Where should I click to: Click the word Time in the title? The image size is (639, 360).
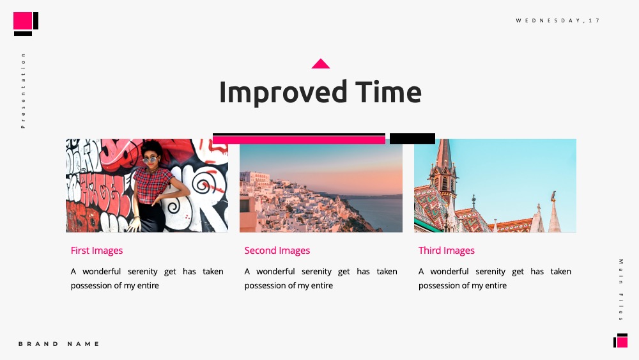pos(389,91)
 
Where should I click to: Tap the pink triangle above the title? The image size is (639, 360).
pos(321,63)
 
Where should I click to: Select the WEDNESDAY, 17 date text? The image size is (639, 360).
pos(557,20)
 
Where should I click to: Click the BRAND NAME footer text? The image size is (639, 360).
pos(59,343)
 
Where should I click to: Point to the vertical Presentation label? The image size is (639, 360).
pos(23,91)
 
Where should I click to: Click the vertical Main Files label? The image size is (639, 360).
pos(620,290)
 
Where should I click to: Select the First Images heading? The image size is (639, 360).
pos(96,250)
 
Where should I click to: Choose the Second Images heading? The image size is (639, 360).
pos(277,250)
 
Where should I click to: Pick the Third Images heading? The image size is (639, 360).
pos(446,250)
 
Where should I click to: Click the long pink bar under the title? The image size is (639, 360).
pos(298,140)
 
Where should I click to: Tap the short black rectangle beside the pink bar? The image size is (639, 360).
pos(412,138)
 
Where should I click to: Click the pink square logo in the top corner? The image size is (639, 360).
pos(23,21)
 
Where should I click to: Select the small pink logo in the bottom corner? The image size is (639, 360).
pos(622,341)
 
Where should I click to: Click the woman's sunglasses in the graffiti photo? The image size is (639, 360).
pos(150,160)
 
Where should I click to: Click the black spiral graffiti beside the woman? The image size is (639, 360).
pos(203,185)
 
